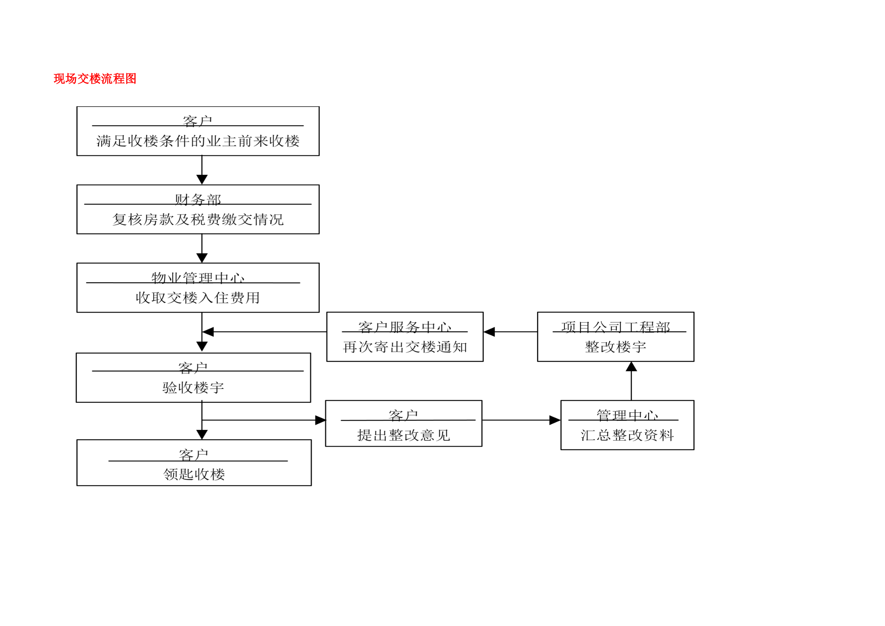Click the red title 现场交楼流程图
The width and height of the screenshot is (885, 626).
click(x=95, y=78)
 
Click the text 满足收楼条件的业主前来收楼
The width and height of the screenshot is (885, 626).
click(x=198, y=141)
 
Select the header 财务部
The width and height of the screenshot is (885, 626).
click(x=198, y=200)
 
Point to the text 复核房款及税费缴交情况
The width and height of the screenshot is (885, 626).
click(x=198, y=220)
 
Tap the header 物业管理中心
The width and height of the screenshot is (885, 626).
click(x=198, y=278)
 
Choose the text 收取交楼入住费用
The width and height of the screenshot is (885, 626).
click(x=198, y=298)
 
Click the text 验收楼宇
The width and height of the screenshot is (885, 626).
click(x=193, y=388)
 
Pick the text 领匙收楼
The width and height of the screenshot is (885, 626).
click(x=194, y=474)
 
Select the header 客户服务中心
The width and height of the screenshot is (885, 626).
click(x=405, y=327)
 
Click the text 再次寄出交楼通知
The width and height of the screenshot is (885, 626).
click(x=405, y=347)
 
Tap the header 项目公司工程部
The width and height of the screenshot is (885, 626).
click(x=616, y=327)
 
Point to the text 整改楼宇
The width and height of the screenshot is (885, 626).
click(x=616, y=347)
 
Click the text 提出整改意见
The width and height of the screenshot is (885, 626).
click(x=403, y=436)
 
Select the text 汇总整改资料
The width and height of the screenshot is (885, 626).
click(x=627, y=436)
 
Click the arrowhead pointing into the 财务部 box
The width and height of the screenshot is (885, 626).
click(x=202, y=180)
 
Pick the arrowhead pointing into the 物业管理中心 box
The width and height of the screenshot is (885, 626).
click(x=202, y=258)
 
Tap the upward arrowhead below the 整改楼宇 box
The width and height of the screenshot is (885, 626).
click(x=631, y=367)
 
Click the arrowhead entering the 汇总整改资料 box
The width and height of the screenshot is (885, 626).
click(x=555, y=420)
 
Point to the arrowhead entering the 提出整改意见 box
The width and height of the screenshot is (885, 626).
click(x=321, y=420)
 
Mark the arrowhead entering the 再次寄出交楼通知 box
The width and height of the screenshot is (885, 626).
click(x=489, y=332)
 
